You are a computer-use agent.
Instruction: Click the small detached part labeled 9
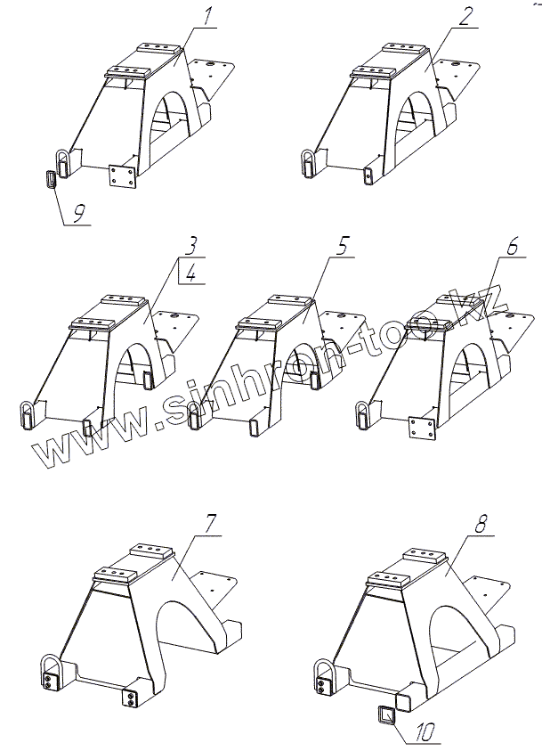[50, 178]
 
